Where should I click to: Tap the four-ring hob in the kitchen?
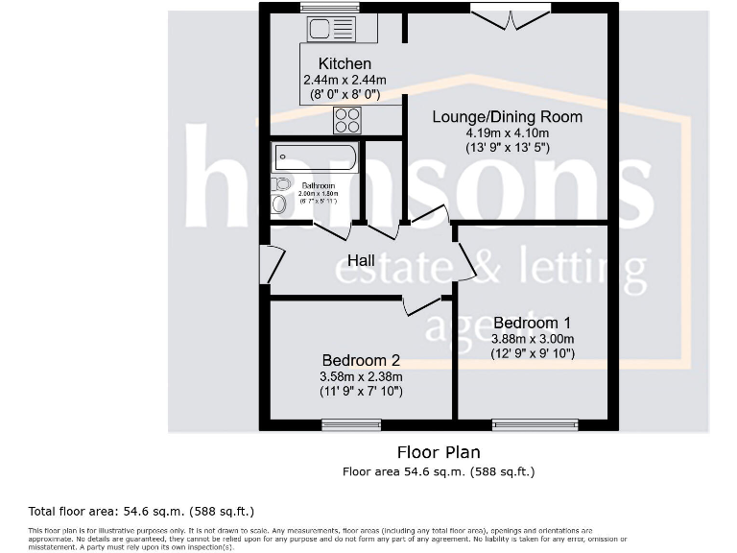(x=346, y=120)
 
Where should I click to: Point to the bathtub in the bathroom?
(x=315, y=157)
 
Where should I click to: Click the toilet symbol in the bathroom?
(x=279, y=203)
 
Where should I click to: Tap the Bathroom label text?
(x=318, y=185)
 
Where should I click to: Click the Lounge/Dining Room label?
(x=507, y=117)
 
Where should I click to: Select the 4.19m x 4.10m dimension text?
(x=507, y=132)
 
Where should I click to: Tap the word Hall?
(x=361, y=260)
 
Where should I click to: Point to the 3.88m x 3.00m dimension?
(x=532, y=338)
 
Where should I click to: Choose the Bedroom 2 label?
(x=361, y=361)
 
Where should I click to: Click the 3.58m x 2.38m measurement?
(x=361, y=376)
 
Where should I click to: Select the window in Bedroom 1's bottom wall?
(x=535, y=423)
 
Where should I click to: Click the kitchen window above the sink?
(x=329, y=8)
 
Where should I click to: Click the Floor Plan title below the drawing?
(x=439, y=451)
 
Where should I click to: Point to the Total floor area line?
(x=142, y=511)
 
